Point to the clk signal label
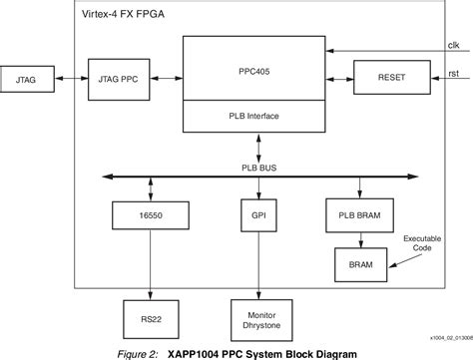(x=452, y=46)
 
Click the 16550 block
(x=150, y=216)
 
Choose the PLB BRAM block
(x=357, y=216)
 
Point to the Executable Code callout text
(x=422, y=244)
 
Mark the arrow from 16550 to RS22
(x=150, y=264)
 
